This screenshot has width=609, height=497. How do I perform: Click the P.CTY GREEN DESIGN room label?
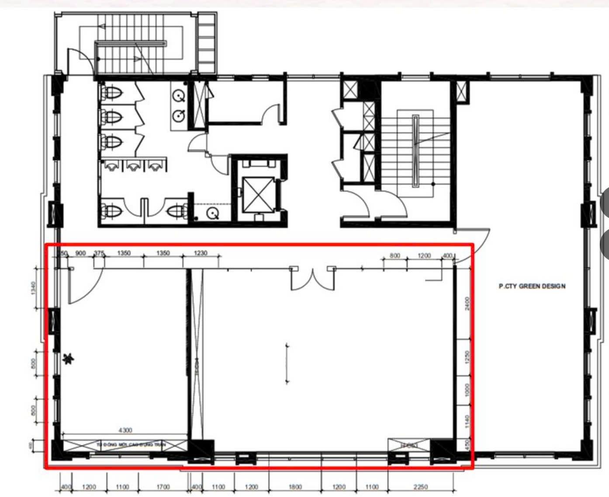532,286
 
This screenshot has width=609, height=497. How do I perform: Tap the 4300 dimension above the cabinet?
125,430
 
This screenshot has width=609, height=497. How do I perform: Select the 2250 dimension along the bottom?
420,487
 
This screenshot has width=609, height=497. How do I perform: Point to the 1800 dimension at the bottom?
295,487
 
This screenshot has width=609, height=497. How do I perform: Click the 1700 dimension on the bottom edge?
163,487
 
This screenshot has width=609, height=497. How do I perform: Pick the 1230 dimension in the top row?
201,253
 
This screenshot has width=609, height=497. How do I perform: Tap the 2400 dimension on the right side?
467,303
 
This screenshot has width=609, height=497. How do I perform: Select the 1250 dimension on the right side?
467,357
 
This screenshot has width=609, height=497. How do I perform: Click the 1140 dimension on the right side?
467,421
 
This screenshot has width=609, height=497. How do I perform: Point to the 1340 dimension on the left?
34,288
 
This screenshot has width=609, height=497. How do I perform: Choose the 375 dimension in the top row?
99,253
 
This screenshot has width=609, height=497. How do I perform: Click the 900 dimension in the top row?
81,253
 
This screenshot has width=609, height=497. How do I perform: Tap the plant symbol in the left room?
69,359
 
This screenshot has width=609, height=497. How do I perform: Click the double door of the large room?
313,279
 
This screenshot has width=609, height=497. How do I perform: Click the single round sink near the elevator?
212,214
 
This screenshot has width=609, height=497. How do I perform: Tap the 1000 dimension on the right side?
467,390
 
